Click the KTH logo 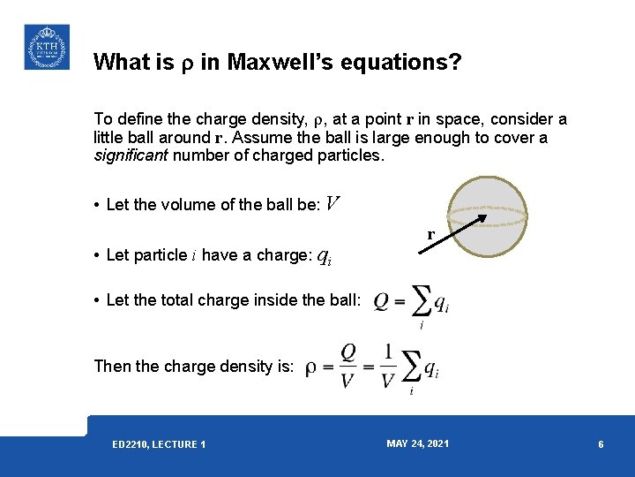point(46,47)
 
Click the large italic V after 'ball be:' point(332,204)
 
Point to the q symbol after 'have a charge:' point(324,256)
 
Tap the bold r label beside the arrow point(430,235)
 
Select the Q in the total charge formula point(382,302)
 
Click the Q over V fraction point(348,366)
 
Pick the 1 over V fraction point(388,366)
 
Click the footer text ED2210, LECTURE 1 point(159,444)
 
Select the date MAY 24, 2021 point(417,443)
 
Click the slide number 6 point(601,444)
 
